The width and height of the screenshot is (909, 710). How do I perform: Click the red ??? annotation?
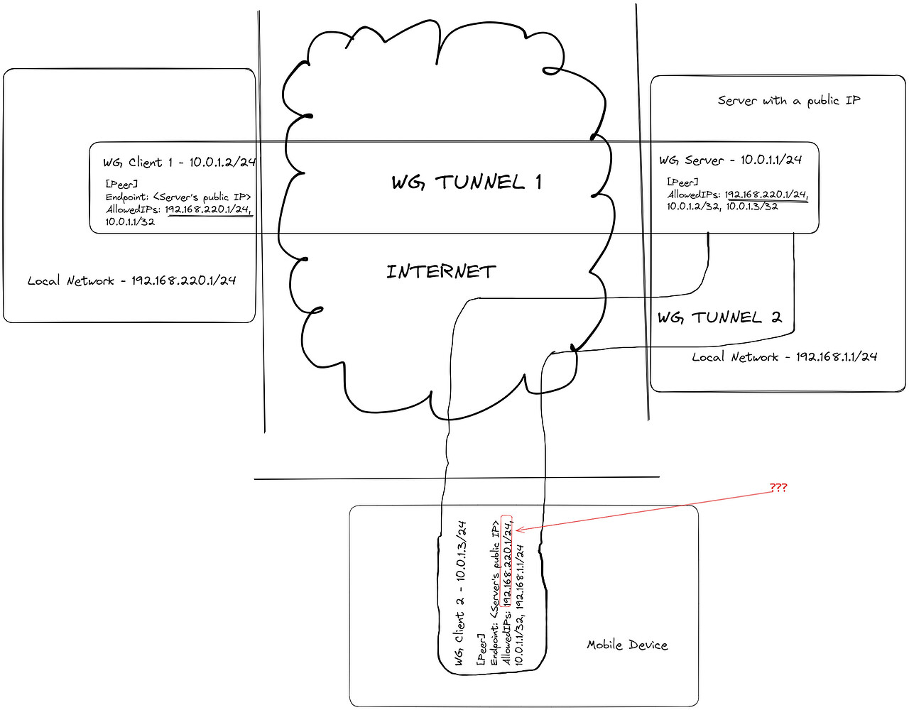[778, 488]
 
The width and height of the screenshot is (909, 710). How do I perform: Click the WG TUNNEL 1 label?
[467, 182]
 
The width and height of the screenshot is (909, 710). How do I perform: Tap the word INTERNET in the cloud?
[441, 271]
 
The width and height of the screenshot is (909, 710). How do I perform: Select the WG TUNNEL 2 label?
[719, 317]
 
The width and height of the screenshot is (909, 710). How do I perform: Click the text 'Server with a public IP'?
[788, 101]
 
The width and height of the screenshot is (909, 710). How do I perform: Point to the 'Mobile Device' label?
[627, 645]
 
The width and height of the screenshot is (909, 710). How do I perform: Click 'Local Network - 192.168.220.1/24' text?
[131, 280]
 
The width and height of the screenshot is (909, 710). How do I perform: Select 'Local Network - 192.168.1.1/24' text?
[785, 356]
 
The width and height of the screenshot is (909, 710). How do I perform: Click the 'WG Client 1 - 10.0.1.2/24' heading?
[179, 162]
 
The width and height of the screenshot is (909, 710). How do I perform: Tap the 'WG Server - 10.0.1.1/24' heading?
[730, 160]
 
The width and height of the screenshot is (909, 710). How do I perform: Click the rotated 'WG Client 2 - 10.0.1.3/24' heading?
[460, 594]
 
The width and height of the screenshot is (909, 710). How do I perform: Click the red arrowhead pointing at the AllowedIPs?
[518, 530]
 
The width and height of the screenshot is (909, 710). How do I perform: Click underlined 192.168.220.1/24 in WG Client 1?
[208, 209]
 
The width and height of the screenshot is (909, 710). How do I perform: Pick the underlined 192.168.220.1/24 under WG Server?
[766, 194]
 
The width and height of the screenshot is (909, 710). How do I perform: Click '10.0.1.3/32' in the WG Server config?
[752, 206]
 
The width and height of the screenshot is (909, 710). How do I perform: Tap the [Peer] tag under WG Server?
[682, 182]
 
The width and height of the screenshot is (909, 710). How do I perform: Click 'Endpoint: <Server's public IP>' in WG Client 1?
[178, 197]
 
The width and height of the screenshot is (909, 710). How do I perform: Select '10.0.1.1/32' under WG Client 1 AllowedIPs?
[130, 222]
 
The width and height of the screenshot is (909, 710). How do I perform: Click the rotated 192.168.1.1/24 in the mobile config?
[520, 577]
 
